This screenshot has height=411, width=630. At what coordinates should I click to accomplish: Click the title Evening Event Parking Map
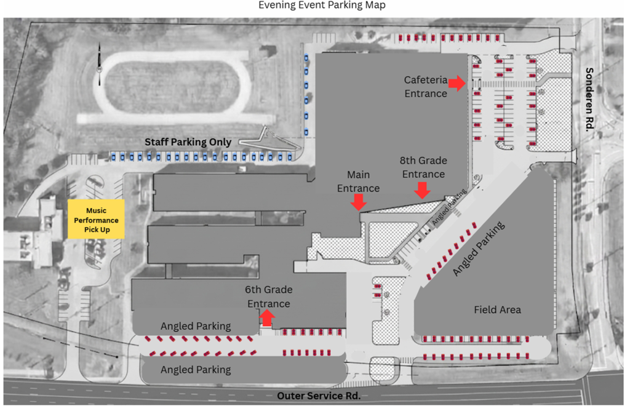point(322,5)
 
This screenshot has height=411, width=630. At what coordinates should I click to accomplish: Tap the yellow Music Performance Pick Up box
point(96,220)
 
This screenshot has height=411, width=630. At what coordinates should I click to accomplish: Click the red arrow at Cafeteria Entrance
point(457,83)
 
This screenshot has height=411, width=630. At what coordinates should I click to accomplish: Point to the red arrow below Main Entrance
point(359,202)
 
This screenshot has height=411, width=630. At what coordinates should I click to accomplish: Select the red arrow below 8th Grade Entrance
point(422,190)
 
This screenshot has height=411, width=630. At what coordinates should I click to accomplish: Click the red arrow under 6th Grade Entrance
point(267,318)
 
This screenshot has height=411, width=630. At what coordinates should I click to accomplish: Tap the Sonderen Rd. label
point(589,99)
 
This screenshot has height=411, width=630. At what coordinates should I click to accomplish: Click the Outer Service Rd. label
point(319,396)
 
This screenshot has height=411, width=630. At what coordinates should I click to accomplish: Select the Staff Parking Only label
point(188,142)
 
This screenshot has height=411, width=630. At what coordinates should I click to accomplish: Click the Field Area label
point(497,309)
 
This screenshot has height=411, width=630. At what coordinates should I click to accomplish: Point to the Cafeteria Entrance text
point(426,87)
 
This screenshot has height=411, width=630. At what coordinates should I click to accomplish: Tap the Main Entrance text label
point(359,181)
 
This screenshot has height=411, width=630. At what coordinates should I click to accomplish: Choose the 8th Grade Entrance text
point(423,167)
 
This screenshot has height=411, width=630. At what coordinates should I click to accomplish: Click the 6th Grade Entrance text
point(269,297)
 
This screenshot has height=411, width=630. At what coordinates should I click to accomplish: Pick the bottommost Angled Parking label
point(196,370)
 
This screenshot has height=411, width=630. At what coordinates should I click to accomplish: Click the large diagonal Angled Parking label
point(479,249)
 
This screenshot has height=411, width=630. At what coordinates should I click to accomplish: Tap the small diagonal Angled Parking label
point(449,207)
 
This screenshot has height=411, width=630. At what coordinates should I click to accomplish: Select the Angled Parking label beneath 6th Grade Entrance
point(196,326)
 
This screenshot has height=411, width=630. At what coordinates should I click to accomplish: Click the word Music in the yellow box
point(97,210)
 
